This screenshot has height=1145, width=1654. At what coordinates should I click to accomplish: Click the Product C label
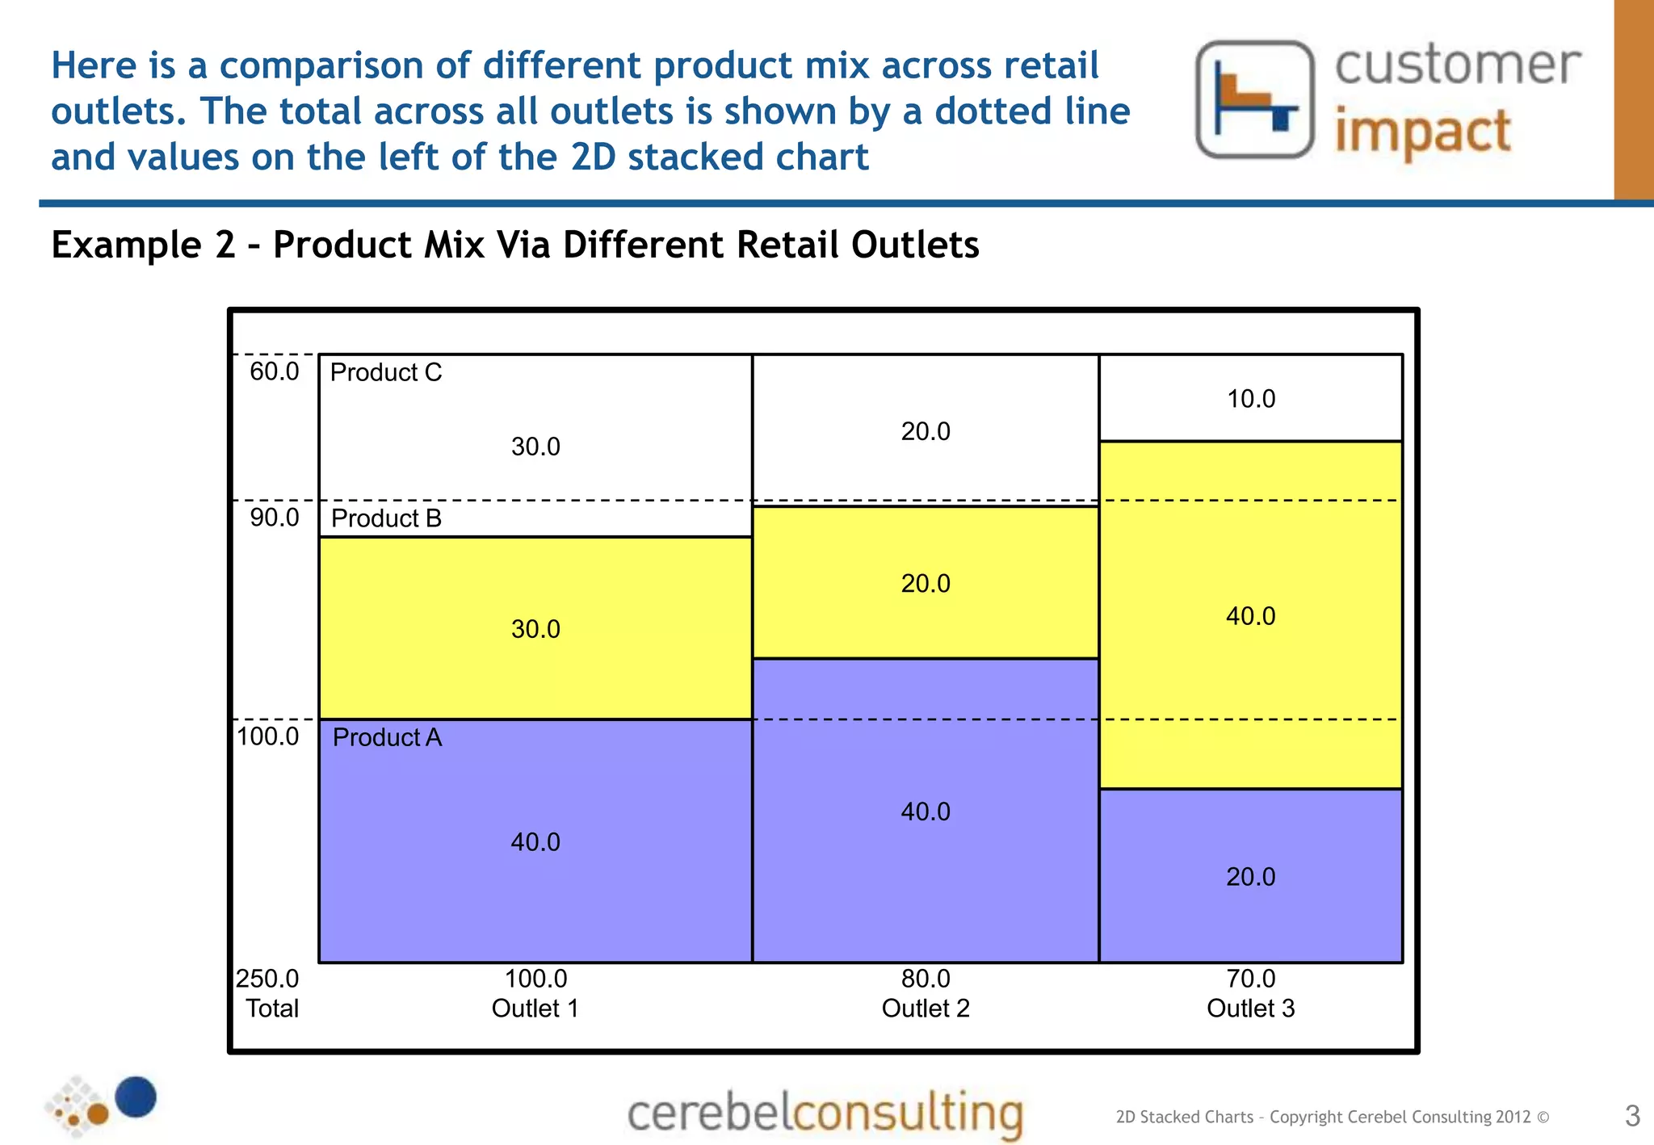pyautogui.click(x=385, y=372)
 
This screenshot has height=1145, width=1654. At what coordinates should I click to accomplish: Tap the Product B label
pyautogui.click(x=386, y=518)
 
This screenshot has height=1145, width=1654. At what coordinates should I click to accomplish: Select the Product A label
pyautogui.click(x=387, y=737)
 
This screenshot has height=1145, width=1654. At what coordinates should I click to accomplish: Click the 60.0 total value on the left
pyautogui.click(x=274, y=371)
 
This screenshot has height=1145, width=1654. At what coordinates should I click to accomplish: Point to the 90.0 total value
pyautogui.click(x=274, y=518)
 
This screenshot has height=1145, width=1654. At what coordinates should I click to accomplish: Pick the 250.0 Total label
pyautogui.click(x=268, y=993)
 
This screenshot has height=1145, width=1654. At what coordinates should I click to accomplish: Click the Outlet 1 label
pyautogui.click(x=535, y=1009)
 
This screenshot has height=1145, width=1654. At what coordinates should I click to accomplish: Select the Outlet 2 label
pyautogui.click(x=925, y=1009)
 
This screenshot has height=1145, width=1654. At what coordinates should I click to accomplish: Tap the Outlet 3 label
pyautogui.click(x=1250, y=1009)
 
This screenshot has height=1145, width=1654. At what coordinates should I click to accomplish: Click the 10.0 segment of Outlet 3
pyautogui.click(x=1251, y=399)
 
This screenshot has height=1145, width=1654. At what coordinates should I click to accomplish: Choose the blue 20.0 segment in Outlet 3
pyautogui.click(x=1250, y=877)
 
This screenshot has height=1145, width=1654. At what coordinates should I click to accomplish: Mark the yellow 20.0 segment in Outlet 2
pyautogui.click(x=926, y=583)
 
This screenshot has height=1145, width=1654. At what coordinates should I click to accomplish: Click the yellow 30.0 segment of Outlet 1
pyautogui.click(x=535, y=629)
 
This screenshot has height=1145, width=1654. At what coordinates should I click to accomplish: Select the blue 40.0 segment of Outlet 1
pyautogui.click(x=535, y=842)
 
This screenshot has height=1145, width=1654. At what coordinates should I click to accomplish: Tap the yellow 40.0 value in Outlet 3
pyautogui.click(x=1250, y=616)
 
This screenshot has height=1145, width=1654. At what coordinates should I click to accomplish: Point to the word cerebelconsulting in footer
pyautogui.click(x=825, y=1114)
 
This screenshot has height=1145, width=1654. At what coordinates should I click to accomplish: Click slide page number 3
pyautogui.click(x=1631, y=1116)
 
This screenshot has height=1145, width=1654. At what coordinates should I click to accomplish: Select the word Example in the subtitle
pyautogui.click(x=126, y=245)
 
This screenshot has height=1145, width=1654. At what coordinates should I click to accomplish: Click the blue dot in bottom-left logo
pyautogui.click(x=136, y=1097)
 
